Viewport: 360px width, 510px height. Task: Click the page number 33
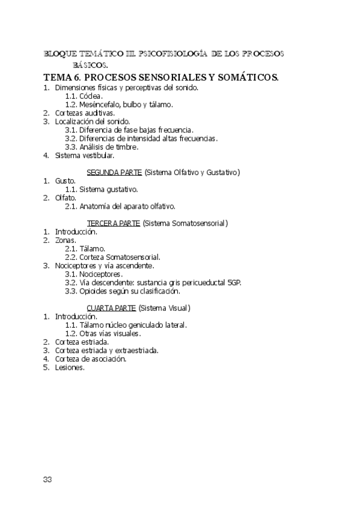[x=48, y=479]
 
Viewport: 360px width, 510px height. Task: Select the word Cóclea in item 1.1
[x=92, y=96]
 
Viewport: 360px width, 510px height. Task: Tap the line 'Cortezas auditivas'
[x=85, y=112]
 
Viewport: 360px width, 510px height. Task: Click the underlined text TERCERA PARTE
[x=114, y=223]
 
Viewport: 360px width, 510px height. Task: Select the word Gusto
[x=65, y=180]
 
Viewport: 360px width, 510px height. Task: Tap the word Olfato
[x=66, y=197]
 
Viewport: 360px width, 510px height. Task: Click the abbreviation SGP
[x=234, y=282]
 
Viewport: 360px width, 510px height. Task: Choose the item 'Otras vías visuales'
[x=111, y=333]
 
